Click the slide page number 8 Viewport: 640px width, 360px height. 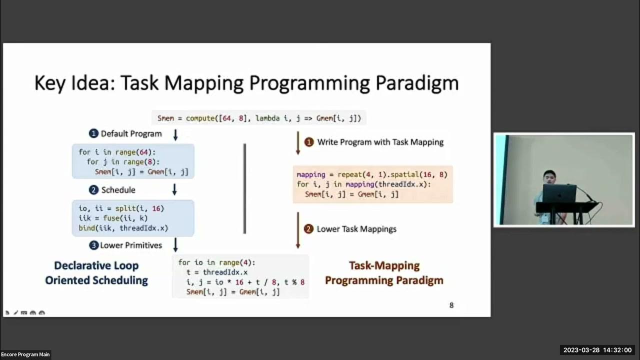451,305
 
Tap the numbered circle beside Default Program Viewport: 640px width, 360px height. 93,133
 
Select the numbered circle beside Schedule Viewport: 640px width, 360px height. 93,190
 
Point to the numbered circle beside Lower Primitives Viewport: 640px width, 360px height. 93,245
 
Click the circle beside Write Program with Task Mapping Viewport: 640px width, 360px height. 309,142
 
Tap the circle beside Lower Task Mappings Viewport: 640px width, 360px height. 309,229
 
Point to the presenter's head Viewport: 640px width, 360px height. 549,177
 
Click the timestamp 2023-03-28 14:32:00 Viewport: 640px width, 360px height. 597,350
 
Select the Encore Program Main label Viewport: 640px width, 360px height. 25,354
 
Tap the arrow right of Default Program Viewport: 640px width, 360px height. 175,134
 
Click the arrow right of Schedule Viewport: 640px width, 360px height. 174,189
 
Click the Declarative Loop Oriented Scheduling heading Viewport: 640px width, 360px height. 96,273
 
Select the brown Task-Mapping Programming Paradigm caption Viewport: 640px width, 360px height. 384,273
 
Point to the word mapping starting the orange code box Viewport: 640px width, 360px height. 311,175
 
